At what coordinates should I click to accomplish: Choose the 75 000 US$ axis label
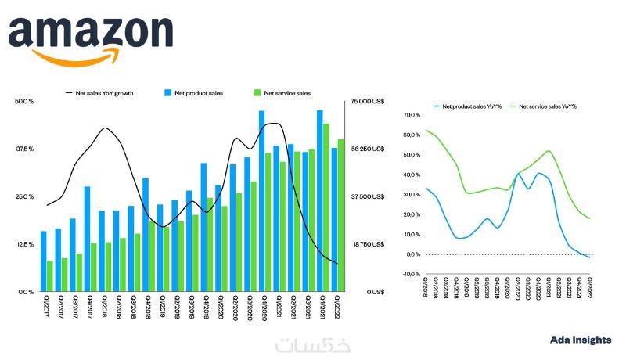click(365, 101)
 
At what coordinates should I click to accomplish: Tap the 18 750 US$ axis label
click(365, 244)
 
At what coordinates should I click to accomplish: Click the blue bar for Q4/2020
click(261, 201)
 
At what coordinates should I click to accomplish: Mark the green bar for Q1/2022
click(340, 215)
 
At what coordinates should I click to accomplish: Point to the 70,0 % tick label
click(412, 115)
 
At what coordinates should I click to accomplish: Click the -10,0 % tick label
click(411, 274)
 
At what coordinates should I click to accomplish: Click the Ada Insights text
click(580, 340)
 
